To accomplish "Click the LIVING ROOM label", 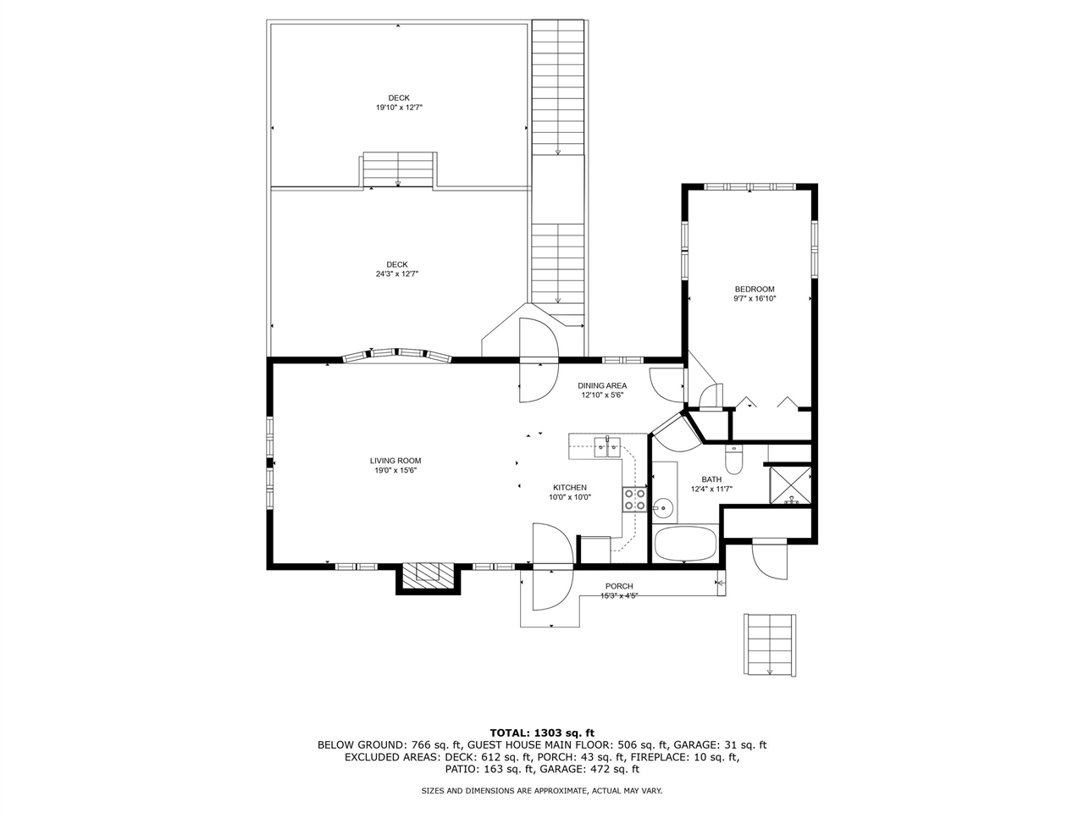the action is [x=395, y=461].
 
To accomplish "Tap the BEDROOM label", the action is [x=754, y=290].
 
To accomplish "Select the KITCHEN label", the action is [x=569, y=488].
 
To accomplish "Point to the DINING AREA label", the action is [x=602, y=385].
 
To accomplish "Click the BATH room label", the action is [x=711, y=479].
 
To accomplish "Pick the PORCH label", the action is [x=619, y=586].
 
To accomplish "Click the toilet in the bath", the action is [x=733, y=459].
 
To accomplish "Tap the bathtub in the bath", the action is [x=685, y=544].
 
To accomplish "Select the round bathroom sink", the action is [x=661, y=507].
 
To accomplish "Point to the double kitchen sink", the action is [x=607, y=447].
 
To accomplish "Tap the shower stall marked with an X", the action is [x=790, y=485].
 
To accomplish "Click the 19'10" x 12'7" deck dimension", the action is [x=399, y=107].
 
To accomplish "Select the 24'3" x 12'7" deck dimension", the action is [x=397, y=274].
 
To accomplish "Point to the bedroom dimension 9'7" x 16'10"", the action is [x=755, y=299].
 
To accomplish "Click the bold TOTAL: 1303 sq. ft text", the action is [x=542, y=733].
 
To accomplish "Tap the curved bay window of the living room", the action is [x=397, y=356].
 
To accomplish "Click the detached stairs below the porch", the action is [x=770, y=644].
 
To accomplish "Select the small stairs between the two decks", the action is [x=398, y=170].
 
